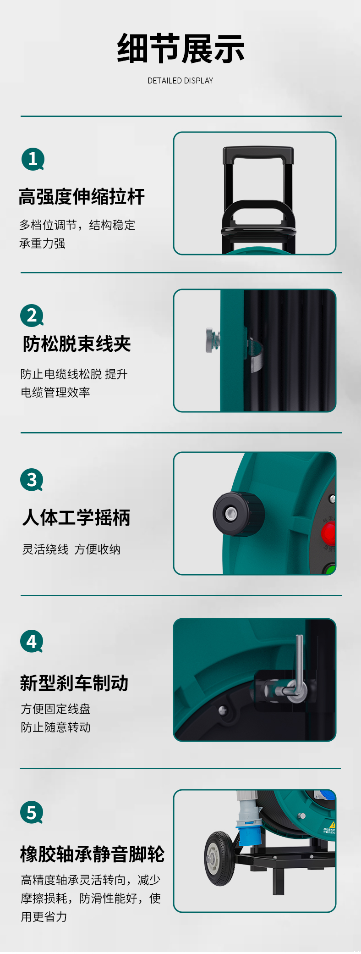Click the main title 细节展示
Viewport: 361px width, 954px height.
[180, 49]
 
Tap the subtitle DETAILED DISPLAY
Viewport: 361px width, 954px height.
[180, 81]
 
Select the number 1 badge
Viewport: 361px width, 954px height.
[33, 159]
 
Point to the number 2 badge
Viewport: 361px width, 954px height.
[32, 316]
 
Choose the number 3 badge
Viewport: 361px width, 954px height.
[32, 480]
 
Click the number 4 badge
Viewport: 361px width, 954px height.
[32, 641]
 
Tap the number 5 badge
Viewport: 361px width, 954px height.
[32, 812]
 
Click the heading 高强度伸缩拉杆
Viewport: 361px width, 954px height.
[82, 197]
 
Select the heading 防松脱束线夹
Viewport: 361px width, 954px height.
[77, 344]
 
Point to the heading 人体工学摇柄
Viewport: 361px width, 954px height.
[77, 517]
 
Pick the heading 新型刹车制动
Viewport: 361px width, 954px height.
[74, 683]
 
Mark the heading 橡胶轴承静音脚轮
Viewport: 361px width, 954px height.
[93, 854]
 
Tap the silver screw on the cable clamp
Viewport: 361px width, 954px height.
[212, 340]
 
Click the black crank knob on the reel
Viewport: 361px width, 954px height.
[238, 514]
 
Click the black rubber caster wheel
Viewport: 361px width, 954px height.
[220, 858]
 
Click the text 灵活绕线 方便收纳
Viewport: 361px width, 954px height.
[71, 549]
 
